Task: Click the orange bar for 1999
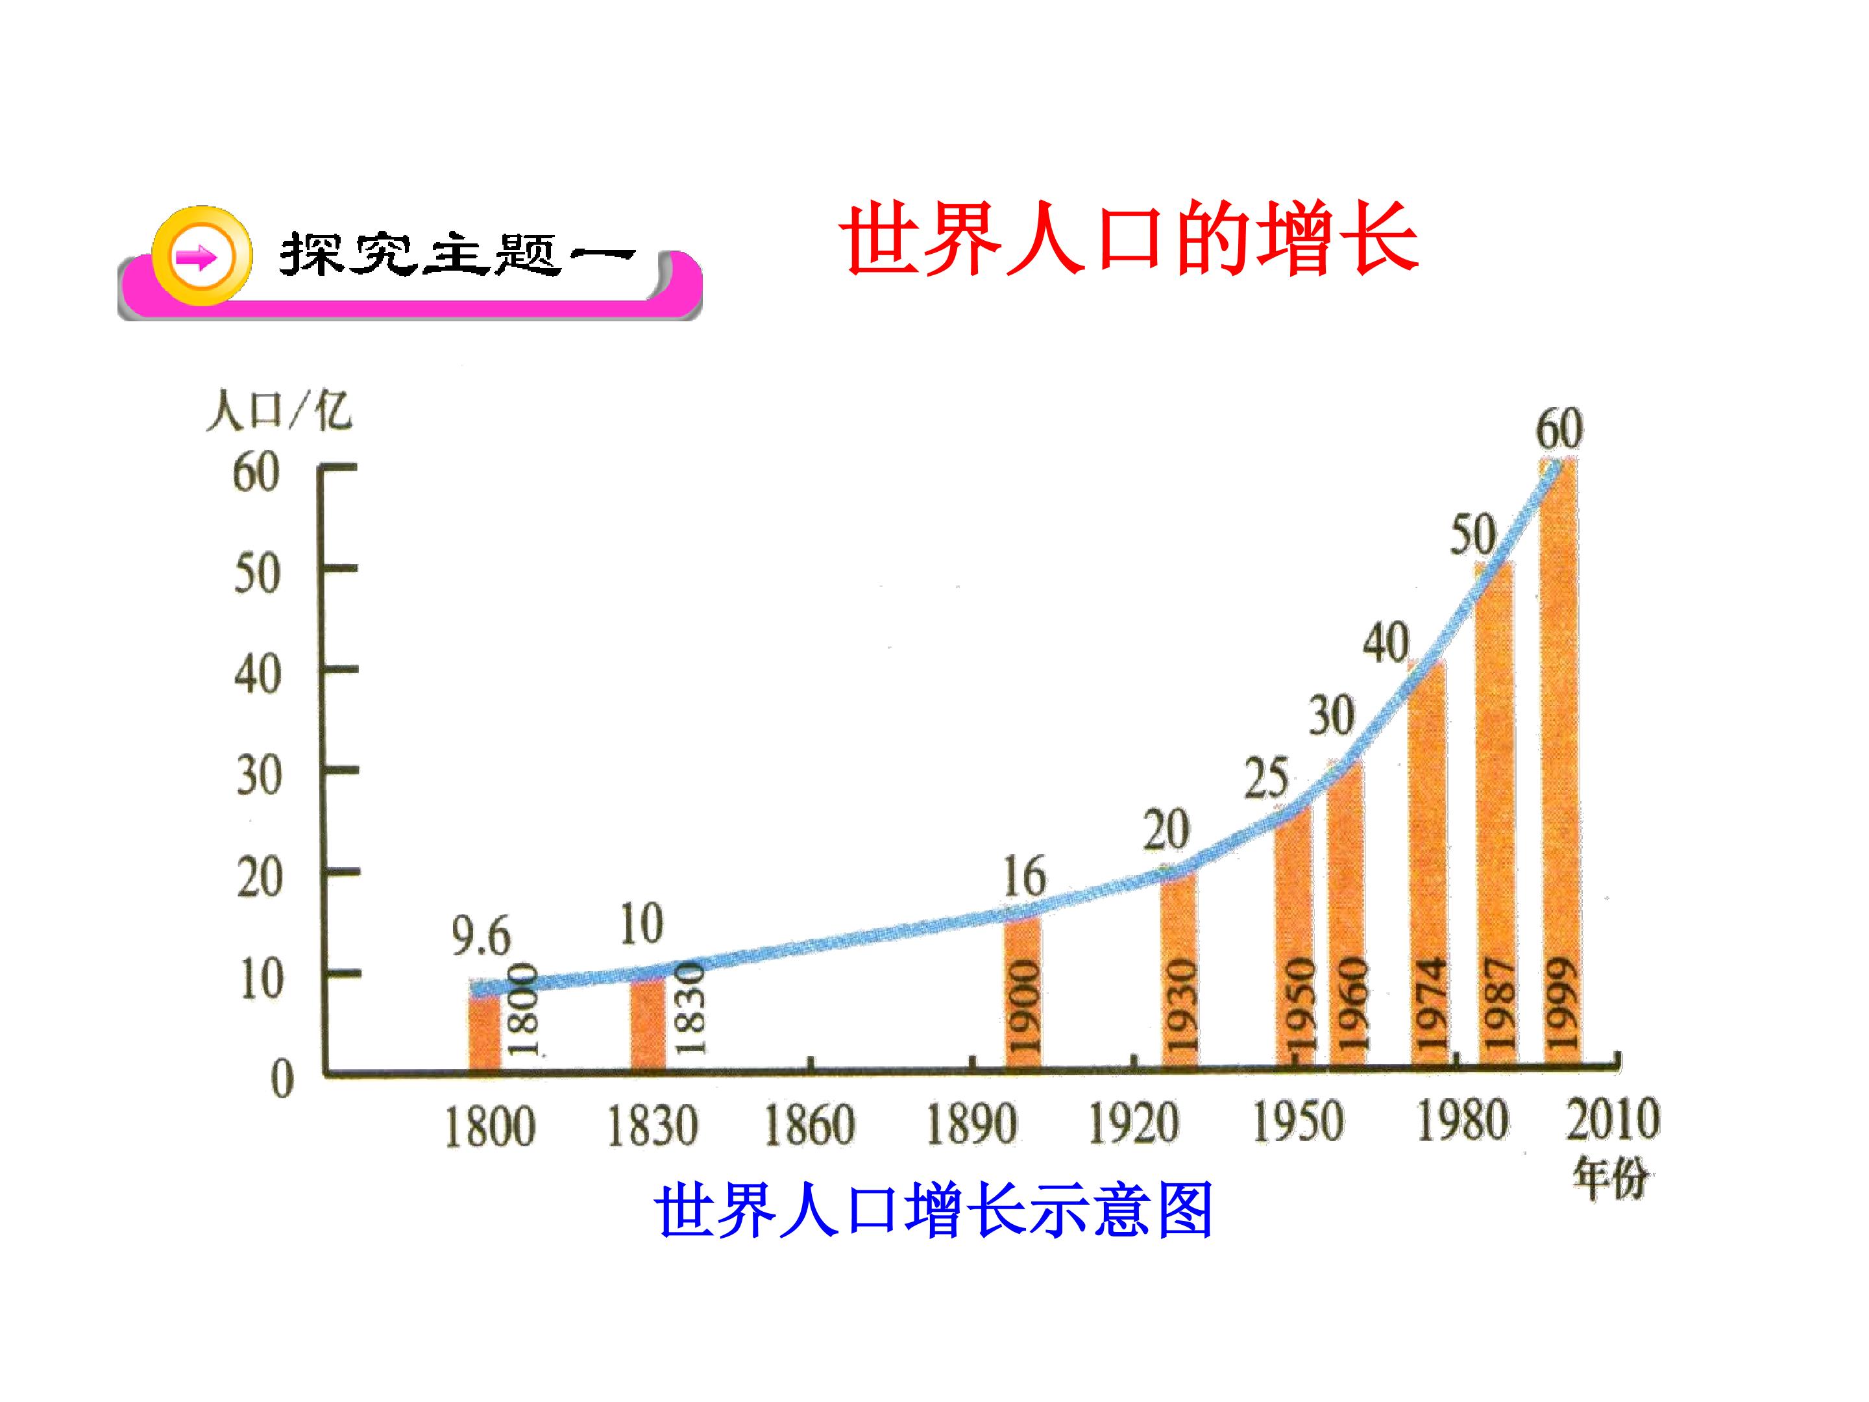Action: (1559, 761)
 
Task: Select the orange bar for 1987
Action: (1496, 811)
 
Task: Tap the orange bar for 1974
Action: (1428, 862)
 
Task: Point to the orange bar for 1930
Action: (1179, 968)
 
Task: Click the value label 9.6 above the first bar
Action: (481, 937)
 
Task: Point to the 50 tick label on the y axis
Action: (258, 574)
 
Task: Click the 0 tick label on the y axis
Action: (282, 1079)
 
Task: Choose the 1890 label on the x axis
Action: (971, 1125)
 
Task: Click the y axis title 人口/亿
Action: (279, 412)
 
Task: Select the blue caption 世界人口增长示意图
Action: (934, 1210)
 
